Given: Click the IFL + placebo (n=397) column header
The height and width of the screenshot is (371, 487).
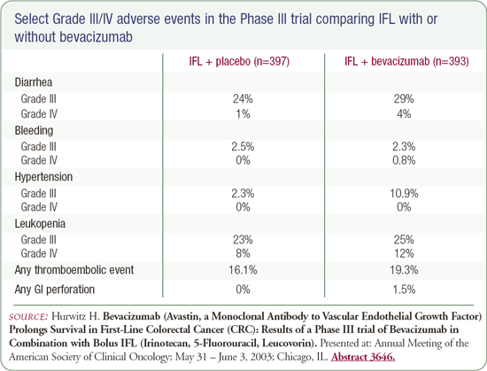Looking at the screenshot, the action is click(239, 61).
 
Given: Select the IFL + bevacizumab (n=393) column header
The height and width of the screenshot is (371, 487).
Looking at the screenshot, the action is click(406, 61).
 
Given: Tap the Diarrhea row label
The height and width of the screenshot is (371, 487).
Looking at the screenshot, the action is click(34, 82).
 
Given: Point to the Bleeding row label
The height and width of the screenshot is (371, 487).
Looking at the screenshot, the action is click(34, 130).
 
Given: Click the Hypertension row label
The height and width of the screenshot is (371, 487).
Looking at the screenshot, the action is click(43, 177).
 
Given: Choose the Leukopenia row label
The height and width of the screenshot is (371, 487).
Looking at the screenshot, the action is click(40, 223).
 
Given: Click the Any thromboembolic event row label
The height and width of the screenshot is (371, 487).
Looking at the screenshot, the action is click(74, 270).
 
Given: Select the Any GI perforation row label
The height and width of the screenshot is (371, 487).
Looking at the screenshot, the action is click(54, 290).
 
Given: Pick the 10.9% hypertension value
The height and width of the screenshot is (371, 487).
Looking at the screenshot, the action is click(404, 193).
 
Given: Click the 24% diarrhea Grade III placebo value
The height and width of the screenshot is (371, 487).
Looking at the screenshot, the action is click(243, 99).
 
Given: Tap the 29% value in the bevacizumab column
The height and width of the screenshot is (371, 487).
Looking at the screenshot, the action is click(404, 99).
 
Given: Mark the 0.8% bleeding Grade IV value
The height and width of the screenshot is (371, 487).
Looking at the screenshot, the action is click(404, 160).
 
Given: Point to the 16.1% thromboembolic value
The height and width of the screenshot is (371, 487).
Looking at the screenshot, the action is click(243, 270).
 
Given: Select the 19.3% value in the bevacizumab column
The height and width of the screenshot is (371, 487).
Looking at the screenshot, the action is click(404, 270).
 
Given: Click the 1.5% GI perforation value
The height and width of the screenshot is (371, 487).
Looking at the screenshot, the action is click(404, 290).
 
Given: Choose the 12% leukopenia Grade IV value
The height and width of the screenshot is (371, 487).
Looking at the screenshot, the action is click(404, 253).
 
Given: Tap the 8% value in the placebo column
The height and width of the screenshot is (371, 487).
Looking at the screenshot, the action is click(243, 253).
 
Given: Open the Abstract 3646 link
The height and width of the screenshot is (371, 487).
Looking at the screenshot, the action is click(363, 357).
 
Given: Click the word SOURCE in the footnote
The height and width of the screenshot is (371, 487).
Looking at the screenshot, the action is click(28, 317).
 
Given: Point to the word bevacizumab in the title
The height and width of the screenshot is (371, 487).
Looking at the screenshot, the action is click(96, 37).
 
